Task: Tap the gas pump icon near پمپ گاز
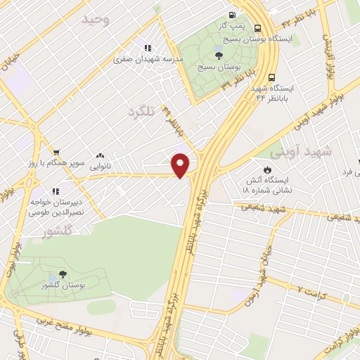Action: click(x=231, y=15)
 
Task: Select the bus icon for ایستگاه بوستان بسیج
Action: click(x=258, y=28)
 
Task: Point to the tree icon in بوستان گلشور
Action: click(x=63, y=274)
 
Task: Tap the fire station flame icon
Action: click(x=267, y=169)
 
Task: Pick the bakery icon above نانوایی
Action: click(x=101, y=157)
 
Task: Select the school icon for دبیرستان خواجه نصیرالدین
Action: click(x=56, y=190)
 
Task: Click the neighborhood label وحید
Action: click(x=97, y=19)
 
